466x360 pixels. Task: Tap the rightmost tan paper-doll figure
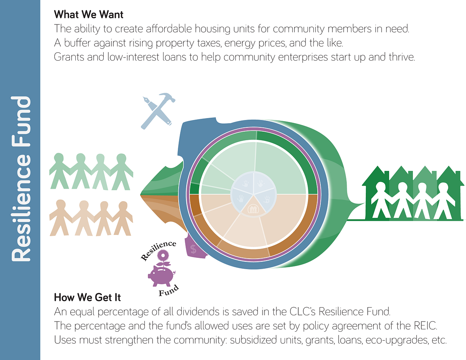122,217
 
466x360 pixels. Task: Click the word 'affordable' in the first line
163,28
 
